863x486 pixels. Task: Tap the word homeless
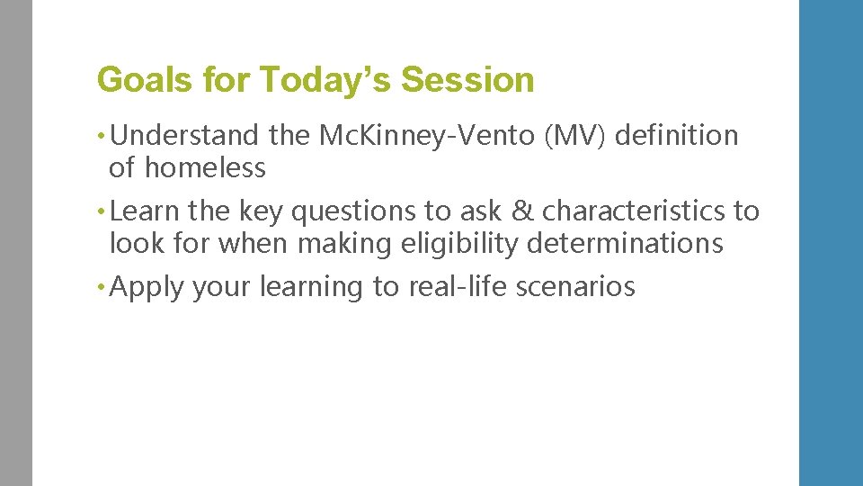point(206,167)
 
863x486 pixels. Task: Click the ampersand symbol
point(521,211)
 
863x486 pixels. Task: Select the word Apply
point(148,287)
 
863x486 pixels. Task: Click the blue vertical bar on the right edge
point(831,243)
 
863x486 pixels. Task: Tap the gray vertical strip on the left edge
point(16,243)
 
